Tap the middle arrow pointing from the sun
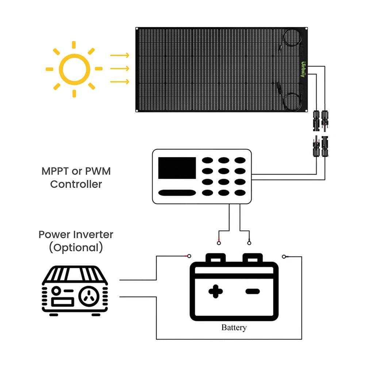[120, 69]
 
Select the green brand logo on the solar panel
[303, 69]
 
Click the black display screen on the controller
[177, 168]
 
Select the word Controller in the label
[76, 184]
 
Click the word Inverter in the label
[91, 234]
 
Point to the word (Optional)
[76, 247]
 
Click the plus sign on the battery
[216, 291]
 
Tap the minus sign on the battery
[252, 291]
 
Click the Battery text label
[234, 327]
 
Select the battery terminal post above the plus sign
[216, 258]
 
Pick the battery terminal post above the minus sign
[253, 258]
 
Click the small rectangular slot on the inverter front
[62, 302]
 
